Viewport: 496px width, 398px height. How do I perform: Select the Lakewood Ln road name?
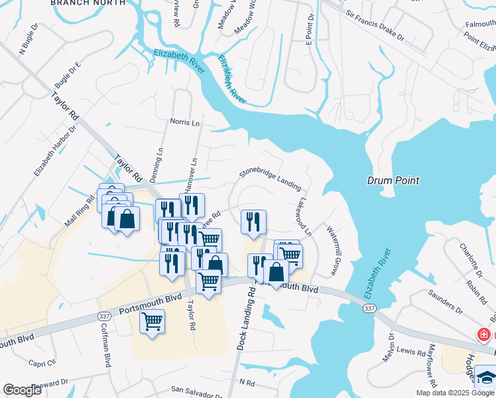(x=305, y=216)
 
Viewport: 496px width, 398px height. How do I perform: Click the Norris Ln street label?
(x=184, y=123)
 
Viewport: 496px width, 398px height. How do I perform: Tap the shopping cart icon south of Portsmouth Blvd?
(x=153, y=323)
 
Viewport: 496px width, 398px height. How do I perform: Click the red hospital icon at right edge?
(x=485, y=334)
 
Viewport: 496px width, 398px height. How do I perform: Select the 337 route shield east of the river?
(x=369, y=309)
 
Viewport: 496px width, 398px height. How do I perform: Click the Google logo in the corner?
(x=23, y=389)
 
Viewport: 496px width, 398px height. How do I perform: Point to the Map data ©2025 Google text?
(x=455, y=393)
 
